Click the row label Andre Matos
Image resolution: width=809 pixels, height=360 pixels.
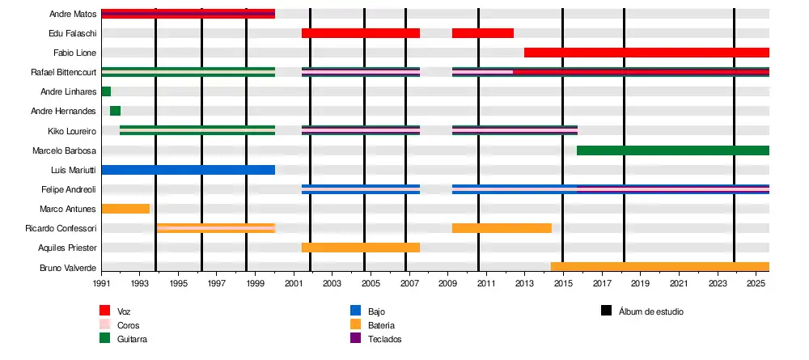pos(73,14)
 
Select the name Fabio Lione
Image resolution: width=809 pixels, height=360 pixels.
pos(75,53)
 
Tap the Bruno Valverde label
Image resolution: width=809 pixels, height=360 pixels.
pos(68,267)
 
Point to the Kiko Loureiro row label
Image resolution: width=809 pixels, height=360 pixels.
pos(73,130)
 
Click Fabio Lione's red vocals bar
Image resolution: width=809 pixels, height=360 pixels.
pos(646,53)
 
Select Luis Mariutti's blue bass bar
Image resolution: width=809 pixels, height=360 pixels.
pos(188,170)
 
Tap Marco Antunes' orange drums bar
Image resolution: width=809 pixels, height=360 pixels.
pos(125,209)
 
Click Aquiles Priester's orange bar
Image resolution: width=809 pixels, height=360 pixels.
pos(361,248)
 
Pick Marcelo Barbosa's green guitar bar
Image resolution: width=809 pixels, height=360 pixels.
pos(672,150)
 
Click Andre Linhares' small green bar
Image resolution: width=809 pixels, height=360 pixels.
pos(106,91)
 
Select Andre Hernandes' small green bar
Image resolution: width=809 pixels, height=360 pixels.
pos(115,111)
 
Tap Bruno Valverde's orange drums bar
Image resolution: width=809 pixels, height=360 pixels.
pos(659,267)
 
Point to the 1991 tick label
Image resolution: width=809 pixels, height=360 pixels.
pos(102,284)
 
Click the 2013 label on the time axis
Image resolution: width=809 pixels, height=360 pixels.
pos(525,284)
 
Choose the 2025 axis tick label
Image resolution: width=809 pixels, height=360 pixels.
pos(756,284)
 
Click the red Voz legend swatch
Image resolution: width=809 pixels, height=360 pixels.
pos(105,311)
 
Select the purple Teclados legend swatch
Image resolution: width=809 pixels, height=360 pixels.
pos(355,338)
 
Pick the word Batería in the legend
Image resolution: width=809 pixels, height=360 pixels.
pos(381,325)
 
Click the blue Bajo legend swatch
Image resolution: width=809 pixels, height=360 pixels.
pos(355,311)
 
